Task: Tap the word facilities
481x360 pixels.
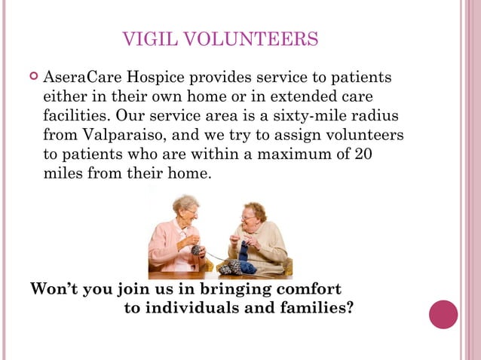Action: click(x=73, y=117)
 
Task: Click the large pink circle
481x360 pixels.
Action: click(x=443, y=314)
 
